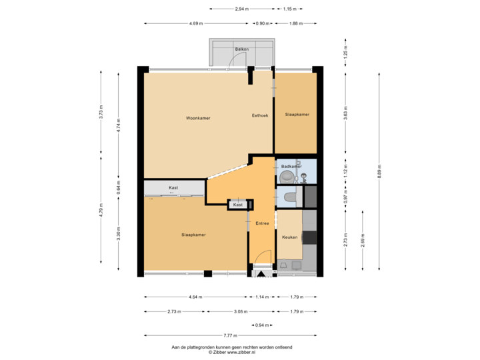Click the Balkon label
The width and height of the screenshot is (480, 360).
coord(241,50)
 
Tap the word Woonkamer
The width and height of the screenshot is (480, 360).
coord(198,118)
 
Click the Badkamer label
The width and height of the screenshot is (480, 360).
coord(291,166)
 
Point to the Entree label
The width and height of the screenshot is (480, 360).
coord(262,223)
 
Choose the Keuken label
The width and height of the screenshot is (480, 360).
coord(289,237)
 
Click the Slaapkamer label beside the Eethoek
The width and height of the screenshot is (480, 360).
coord(297,115)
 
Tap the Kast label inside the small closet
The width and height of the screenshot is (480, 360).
coord(238,205)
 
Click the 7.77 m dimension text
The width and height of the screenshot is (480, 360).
coord(230,335)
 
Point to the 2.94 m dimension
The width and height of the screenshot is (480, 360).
coord(241,9)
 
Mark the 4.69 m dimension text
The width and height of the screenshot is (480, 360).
coord(196,23)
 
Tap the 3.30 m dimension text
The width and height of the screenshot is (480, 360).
coord(119,234)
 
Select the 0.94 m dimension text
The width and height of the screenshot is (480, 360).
coord(263,325)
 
